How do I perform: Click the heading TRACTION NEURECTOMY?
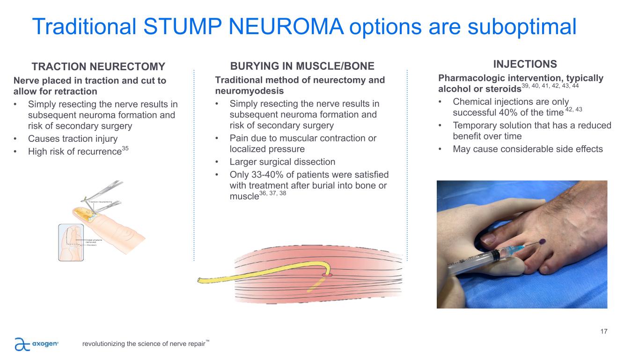coord(98,66)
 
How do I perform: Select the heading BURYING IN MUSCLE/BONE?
coord(301,66)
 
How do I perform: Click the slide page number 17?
coord(603,332)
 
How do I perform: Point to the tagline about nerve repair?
coord(143,344)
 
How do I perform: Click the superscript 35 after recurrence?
coord(125,148)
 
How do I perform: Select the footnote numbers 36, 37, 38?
coord(273,193)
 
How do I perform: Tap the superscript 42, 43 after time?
coord(573,109)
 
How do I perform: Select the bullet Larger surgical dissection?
coord(282,162)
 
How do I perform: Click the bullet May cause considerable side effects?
coord(528,149)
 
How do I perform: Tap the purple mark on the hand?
coord(542,241)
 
